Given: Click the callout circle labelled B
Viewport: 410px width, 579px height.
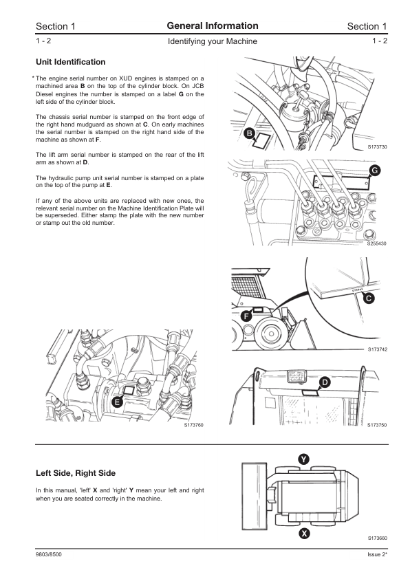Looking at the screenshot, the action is pos(249,133).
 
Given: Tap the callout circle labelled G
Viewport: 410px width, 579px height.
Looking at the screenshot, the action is pos(374,171).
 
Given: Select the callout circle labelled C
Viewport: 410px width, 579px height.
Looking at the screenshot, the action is pos(369,298).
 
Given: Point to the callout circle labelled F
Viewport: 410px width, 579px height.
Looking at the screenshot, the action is pos(246,316).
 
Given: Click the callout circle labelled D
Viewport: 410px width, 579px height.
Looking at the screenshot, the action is pos(325,382).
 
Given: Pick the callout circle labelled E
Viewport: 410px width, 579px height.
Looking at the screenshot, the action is pos(117,402).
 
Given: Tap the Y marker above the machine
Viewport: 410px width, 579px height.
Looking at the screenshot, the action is pos(303,459).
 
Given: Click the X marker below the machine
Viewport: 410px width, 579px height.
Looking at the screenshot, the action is pos(304,533).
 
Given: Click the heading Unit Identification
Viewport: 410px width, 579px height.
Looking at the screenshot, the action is pos(71,62).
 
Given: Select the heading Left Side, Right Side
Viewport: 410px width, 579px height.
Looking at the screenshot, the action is pos(76,473).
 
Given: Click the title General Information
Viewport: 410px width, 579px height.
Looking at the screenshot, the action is pos(213,26).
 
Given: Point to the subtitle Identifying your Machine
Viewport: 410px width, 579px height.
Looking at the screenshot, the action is pos(213,41).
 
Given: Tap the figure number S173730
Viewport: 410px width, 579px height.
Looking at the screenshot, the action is pos(377,147).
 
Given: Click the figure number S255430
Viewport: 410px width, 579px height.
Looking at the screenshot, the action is pos(377,243).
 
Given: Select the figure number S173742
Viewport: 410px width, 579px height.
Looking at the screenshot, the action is pos(378,349).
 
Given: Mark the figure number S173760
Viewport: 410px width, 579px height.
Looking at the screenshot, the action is pos(194,425).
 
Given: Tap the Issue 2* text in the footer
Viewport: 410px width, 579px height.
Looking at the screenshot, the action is pos(377,554).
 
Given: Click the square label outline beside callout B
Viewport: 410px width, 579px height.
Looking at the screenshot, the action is pos(261,141).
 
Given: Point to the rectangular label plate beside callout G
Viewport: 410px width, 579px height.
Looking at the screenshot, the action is pos(341,183).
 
